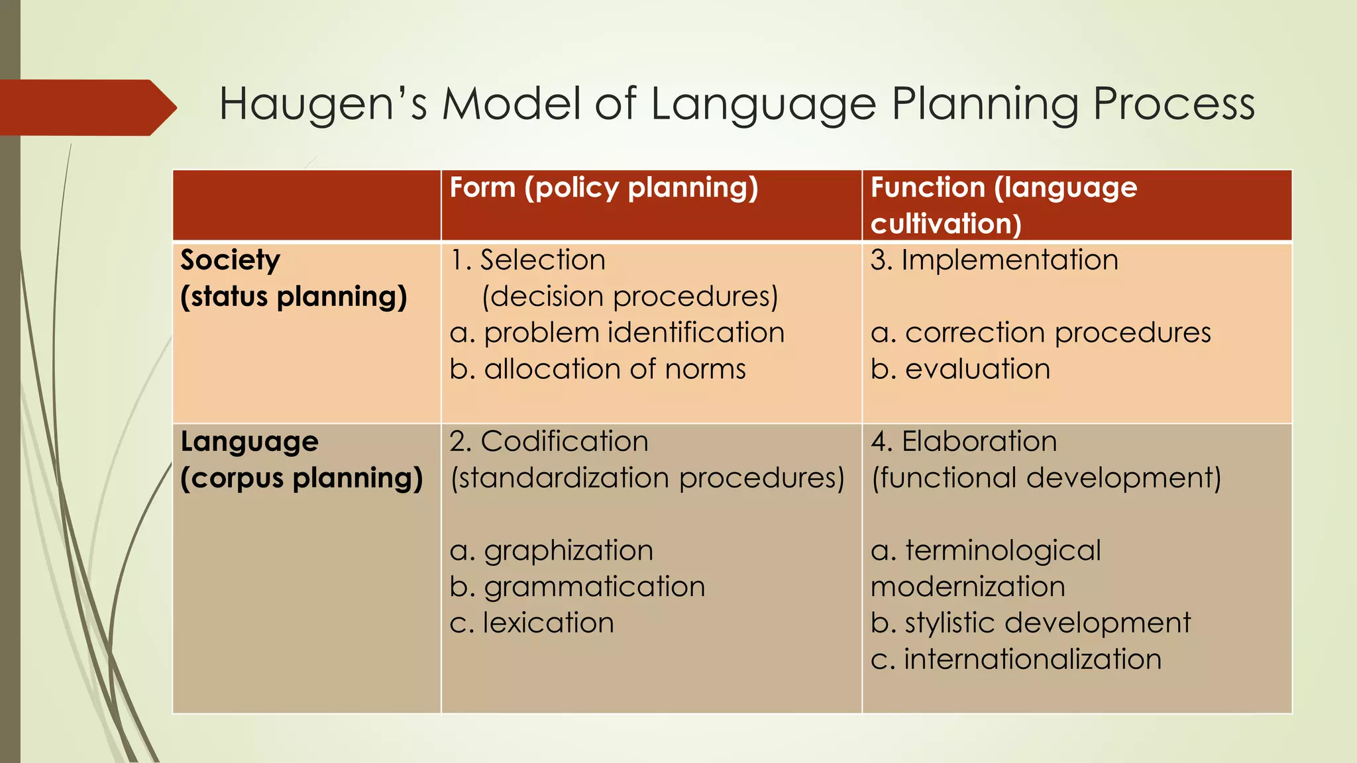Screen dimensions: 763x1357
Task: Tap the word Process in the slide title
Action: pyautogui.click(x=1173, y=105)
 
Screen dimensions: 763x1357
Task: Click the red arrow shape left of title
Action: pyautogui.click(x=86, y=107)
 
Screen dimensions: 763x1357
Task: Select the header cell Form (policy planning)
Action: pyautogui.click(x=604, y=188)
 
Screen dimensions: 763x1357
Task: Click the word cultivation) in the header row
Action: pyautogui.click(x=946, y=224)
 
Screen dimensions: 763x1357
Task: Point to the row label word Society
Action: pyautogui.click(x=230, y=260)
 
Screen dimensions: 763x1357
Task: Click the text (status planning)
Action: pyautogui.click(x=294, y=297)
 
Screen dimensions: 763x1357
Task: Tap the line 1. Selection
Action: pyautogui.click(x=527, y=260)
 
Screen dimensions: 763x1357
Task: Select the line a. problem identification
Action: pyautogui.click(x=617, y=332)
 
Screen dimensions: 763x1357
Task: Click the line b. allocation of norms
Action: pyautogui.click(x=598, y=369)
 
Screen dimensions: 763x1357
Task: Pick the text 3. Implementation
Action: pyautogui.click(x=994, y=260)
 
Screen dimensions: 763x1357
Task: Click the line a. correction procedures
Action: pyautogui.click(x=1040, y=332)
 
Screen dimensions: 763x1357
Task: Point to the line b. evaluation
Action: pyautogui.click(x=960, y=369)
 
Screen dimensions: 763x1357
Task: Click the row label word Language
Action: pyautogui.click(x=249, y=442)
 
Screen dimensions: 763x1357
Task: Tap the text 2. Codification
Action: pyautogui.click(x=549, y=442)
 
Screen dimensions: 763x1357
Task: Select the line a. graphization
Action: pyautogui.click(x=551, y=551)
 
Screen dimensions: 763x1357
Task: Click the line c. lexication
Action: pyautogui.click(x=531, y=623)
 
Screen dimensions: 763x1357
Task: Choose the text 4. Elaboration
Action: pyautogui.click(x=963, y=442)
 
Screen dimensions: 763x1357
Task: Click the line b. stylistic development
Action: pyautogui.click(x=1030, y=623)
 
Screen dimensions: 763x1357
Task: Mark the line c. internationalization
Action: pyautogui.click(x=1016, y=660)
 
